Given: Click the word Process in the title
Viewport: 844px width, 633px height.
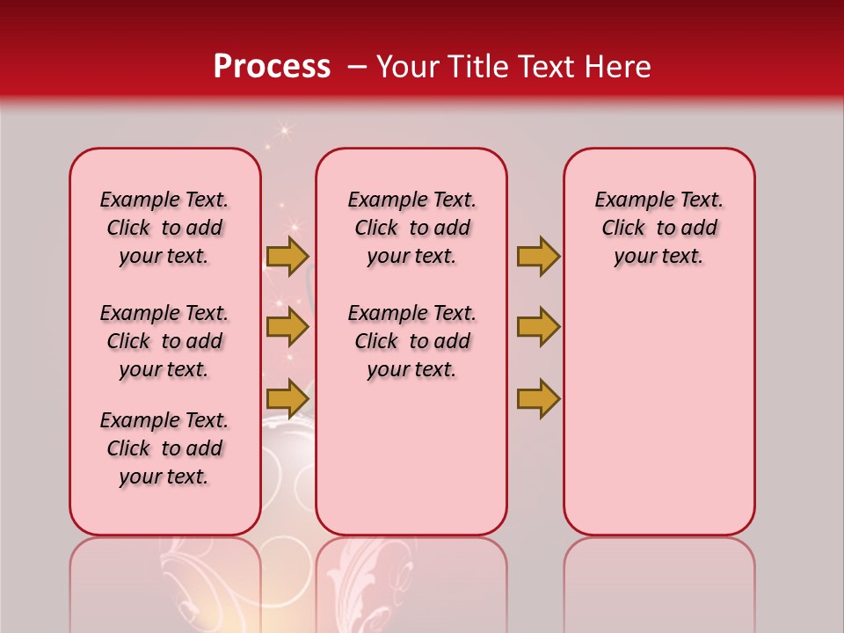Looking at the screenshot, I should point(272,67).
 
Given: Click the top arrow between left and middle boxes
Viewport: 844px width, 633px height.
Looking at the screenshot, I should point(287,256).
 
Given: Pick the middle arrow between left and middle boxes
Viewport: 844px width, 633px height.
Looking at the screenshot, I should point(287,327).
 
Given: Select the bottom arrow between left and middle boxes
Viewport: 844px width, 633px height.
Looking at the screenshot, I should point(287,398).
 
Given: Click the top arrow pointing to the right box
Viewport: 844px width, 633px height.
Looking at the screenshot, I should point(538,256).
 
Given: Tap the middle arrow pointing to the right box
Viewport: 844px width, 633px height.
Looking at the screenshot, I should point(538,327).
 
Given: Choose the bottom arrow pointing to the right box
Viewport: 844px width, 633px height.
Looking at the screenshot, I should point(538,398).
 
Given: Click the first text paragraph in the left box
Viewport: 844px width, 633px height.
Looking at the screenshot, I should point(164,228).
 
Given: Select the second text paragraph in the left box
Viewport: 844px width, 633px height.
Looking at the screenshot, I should point(164,341).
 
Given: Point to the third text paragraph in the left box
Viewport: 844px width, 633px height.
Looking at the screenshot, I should point(164,448).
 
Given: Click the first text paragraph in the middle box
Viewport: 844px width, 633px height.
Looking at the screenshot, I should point(411,228).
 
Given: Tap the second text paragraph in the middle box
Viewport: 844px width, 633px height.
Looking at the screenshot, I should point(411,341).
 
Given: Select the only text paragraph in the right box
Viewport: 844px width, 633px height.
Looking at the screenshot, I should point(658,228).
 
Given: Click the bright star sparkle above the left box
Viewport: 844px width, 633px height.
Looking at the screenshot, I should point(283,131).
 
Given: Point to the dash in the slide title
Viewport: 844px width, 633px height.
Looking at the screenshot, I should point(357,67).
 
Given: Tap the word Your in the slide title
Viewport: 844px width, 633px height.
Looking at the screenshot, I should point(408,67).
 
